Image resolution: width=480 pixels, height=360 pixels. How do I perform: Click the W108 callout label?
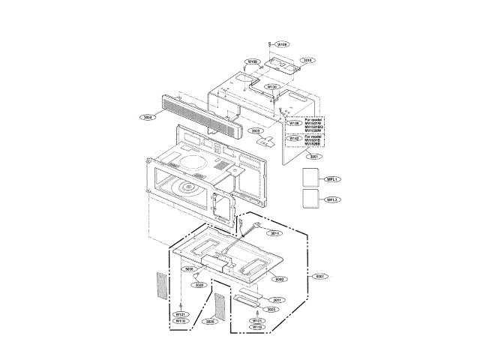pyautogui.click(x=282, y=45)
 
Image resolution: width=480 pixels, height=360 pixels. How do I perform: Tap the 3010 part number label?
pyautogui.click(x=308, y=60)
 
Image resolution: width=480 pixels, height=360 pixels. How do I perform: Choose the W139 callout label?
pyautogui.click(x=295, y=123)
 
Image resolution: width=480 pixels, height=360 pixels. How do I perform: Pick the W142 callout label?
pyautogui.click(x=295, y=139)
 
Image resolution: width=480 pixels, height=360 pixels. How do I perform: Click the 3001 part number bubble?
pyautogui.click(x=313, y=156)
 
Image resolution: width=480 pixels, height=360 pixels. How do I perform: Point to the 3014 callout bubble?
pyautogui.click(x=274, y=233)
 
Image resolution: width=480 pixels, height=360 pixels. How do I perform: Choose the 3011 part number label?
pyautogui.click(x=277, y=300)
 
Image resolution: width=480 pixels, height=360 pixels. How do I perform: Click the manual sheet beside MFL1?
pyautogui.click(x=310, y=178)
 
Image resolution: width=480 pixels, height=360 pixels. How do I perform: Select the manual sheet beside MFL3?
pyautogui.click(x=310, y=199)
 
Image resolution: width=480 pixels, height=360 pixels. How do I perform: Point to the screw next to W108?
pyautogui.click(x=269, y=44)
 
